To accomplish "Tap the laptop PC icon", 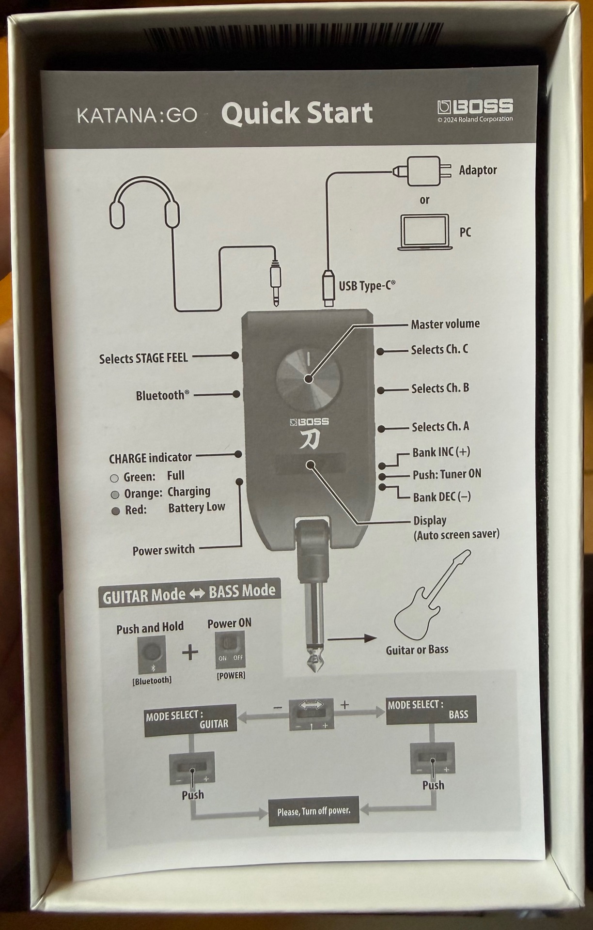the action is point(425,232).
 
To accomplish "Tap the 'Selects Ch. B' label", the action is point(440,388).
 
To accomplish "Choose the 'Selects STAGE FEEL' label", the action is point(143,358).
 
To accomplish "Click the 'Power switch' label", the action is point(164,550).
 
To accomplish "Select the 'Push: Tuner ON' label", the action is point(447,474).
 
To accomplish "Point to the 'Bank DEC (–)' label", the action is point(442,497).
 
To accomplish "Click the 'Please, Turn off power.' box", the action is point(314,811).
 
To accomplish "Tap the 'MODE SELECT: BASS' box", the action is point(431,710).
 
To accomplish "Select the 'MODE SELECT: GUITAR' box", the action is point(190,720).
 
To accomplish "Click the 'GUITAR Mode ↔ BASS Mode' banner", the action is point(189,593).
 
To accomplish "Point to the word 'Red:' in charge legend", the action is point(136,510).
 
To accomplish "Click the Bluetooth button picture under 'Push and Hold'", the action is point(152,654).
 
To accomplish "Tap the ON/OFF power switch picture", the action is point(230,649).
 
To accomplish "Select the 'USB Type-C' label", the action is point(367,286).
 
